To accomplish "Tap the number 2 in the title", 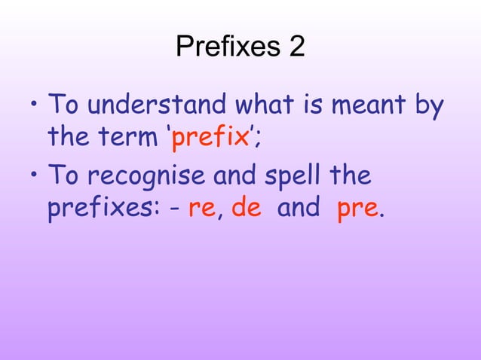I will click(296, 47).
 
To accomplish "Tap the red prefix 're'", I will click(202, 209).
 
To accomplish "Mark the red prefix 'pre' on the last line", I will click(357, 209).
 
